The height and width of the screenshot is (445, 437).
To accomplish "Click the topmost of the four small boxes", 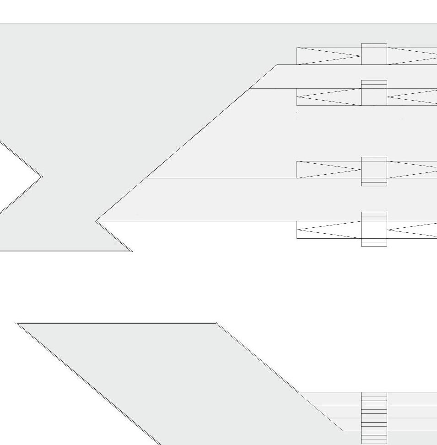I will pyautogui.click(x=374, y=54).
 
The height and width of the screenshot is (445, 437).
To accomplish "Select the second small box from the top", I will pyautogui.click(x=374, y=93).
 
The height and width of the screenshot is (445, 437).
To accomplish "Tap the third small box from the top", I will pyautogui.click(x=374, y=171).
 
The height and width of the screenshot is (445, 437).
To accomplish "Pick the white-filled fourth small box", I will pyautogui.click(x=374, y=229).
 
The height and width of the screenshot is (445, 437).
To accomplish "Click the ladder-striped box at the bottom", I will pyautogui.click(x=374, y=418).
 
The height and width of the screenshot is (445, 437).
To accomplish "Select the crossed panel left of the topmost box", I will pyautogui.click(x=329, y=56).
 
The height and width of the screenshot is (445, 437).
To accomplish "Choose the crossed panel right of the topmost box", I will pyautogui.click(x=412, y=56).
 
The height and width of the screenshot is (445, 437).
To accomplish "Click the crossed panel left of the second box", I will pyautogui.click(x=329, y=97).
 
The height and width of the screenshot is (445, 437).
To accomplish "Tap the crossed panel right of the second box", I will pyautogui.click(x=412, y=97).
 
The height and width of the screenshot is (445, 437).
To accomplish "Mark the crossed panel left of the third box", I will pyautogui.click(x=329, y=169).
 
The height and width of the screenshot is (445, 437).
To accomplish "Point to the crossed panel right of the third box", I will pyautogui.click(x=412, y=169).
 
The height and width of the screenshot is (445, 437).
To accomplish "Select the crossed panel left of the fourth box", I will pyautogui.click(x=329, y=230).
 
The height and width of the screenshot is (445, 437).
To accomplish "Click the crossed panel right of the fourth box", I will pyautogui.click(x=412, y=230).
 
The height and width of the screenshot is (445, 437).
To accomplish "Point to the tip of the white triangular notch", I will pyautogui.click(x=42, y=177).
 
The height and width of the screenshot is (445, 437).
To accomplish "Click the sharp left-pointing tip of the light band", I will pyautogui.click(x=96, y=221).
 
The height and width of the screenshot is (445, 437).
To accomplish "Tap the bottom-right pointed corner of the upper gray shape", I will pyautogui.click(x=132, y=251).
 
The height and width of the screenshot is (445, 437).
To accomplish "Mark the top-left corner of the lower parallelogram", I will pyautogui.click(x=16, y=323).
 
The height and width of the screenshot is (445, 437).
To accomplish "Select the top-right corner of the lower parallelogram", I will pyautogui.click(x=216, y=323).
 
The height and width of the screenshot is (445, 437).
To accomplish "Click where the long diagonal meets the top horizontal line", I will pyautogui.click(x=277, y=65).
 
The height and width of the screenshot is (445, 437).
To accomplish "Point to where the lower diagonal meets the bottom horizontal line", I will pyautogui.click(x=343, y=430).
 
